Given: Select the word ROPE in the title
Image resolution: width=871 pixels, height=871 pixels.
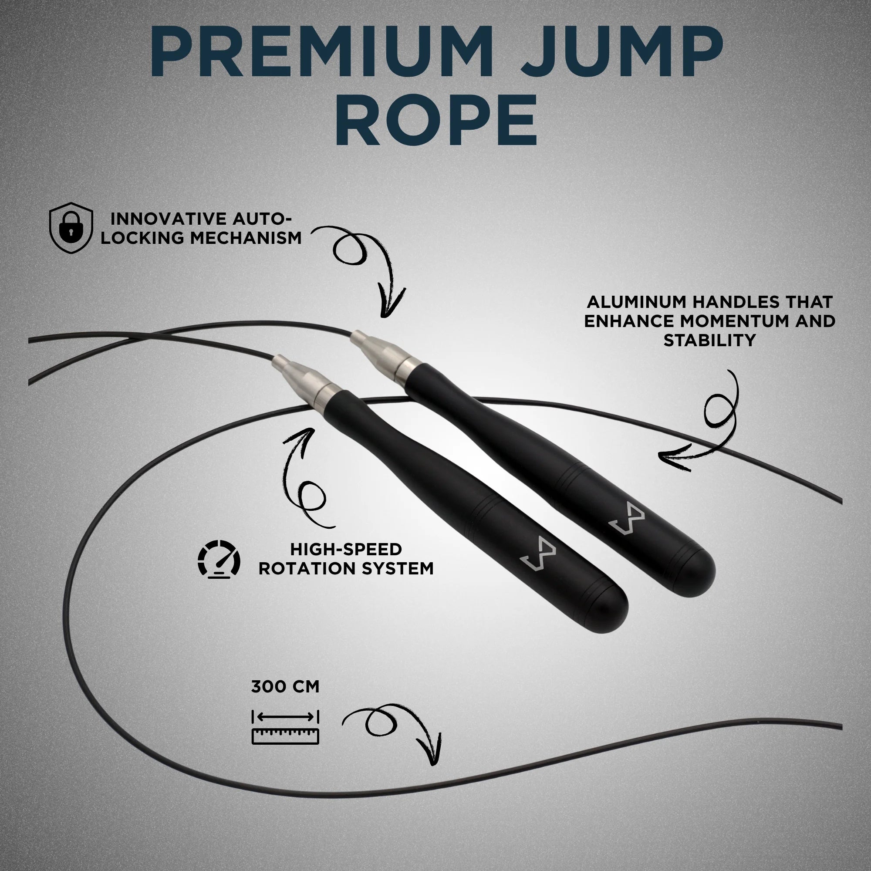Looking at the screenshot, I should pos(435,119).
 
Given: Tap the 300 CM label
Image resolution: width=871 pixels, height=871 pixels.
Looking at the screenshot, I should pos(285,687).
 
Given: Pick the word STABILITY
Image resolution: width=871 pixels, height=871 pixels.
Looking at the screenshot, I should pos(709,341).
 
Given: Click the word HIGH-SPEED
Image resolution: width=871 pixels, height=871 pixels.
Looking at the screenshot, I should pos(346,550).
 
